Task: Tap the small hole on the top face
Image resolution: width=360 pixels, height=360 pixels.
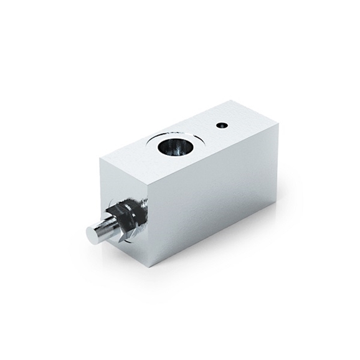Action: point(222,125)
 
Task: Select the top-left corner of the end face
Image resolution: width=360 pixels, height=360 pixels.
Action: point(100,158)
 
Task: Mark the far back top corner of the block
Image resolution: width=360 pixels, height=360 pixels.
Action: point(233,100)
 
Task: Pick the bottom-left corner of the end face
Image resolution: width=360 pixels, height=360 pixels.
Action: point(102,227)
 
